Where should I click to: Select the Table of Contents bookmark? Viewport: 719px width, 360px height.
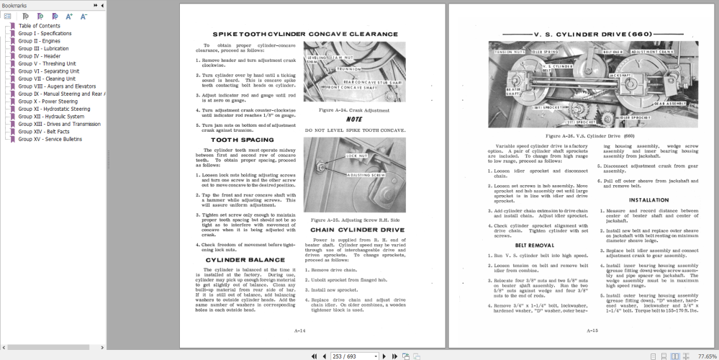39,26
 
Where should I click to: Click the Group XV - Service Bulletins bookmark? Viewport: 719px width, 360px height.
50,139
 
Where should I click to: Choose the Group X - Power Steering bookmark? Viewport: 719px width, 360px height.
48,102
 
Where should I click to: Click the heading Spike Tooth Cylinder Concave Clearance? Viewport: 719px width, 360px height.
304,34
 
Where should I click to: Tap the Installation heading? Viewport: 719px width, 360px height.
648,200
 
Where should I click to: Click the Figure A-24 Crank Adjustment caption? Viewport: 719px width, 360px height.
353,110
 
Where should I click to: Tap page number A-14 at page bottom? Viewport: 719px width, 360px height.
300,330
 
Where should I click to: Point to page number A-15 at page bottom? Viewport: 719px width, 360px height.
592,330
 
